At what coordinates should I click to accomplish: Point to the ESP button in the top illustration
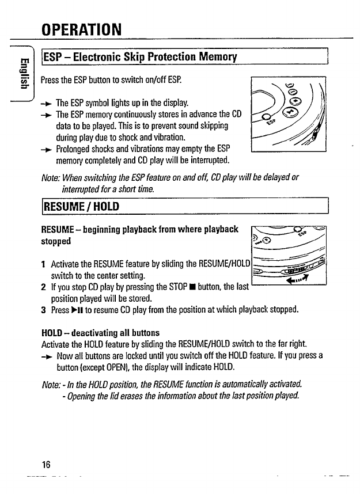pos(266,119)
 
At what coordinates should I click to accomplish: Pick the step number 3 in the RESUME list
pos(43,309)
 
